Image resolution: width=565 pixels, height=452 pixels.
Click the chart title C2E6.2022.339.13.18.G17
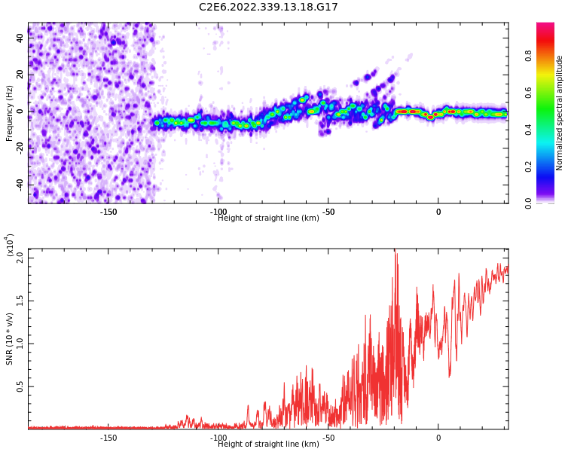[x=268, y=8]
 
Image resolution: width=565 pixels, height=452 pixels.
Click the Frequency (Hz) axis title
[x=10, y=112]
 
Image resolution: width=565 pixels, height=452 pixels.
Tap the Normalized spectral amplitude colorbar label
[x=560, y=112]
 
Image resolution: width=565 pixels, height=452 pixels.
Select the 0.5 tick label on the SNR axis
[x=20, y=386]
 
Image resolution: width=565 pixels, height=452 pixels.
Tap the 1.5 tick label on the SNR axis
[x=20, y=301]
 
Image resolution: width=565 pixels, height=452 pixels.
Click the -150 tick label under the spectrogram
[x=108, y=212]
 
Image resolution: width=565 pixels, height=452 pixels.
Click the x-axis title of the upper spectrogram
[x=268, y=218]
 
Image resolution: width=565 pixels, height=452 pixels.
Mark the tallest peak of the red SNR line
[x=394, y=251]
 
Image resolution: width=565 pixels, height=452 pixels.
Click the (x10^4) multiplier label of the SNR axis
[x=10, y=246]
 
